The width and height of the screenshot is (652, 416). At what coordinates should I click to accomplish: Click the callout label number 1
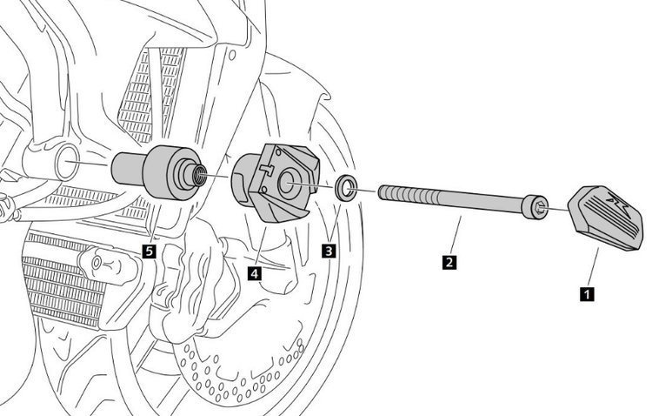[x=588, y=293]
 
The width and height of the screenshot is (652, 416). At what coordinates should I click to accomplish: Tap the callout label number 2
[x=449, y=260]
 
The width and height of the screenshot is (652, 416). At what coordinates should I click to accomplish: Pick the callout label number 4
[x=254, y=272]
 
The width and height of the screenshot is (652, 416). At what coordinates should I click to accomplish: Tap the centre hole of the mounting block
[x=287, y=185]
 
